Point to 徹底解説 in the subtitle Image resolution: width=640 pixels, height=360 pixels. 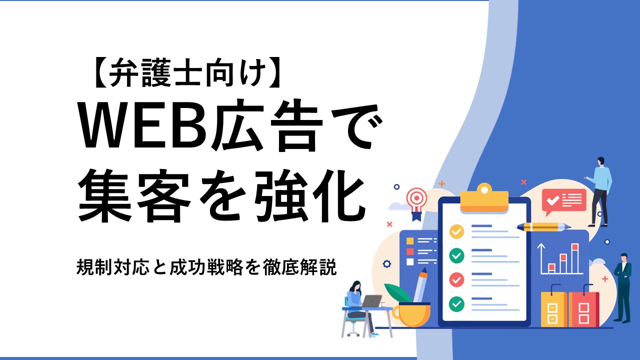pyautogui.click(x=299, y=267)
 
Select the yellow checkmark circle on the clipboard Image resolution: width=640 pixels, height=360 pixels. pyautogui.click(x=456, y=231)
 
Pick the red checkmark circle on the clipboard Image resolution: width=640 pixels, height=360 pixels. pyautogui.click(x=456, y=279)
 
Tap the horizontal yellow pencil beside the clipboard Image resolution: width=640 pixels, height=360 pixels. pyautogui.click(x=543, y=227)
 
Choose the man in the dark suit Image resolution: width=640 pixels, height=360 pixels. pyautogui.click(x=623, y=288)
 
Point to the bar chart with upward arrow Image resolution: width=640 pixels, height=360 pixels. pyautogui.click(x=559, y=259)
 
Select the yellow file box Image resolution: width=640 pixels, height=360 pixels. pyautogui.click(x=553, y=309)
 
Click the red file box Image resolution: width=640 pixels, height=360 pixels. pyautogui.click(x=583, y=309)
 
